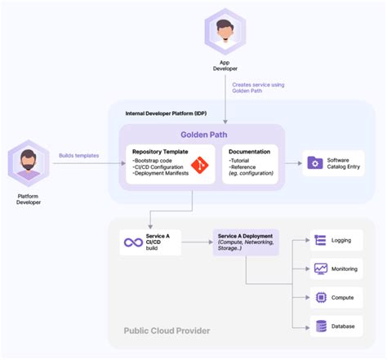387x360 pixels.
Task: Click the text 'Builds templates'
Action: tap(81, 155)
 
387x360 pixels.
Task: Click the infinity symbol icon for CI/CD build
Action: tap(133, 242)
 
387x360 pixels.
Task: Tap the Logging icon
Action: tap(321, 241)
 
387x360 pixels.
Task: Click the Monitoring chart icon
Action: tap(321, 269)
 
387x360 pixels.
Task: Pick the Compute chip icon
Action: tap(321, 298)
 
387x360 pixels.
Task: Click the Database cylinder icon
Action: tap(321, 327)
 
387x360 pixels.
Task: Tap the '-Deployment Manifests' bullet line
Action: tap(161, 174)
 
